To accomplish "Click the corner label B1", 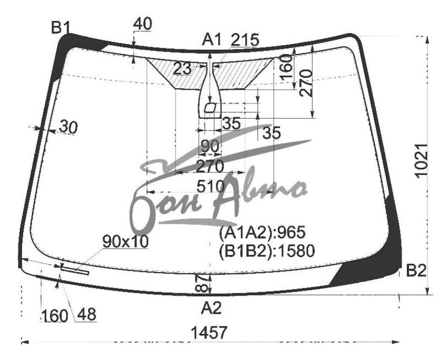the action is tap(60, 27).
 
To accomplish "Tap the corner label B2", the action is tap(416, 271).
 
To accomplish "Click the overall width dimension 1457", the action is tap(208, 333).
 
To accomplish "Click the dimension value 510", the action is tap(211, 187).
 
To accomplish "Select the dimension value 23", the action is tap(182, 69).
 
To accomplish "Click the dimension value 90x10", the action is tap(125, 242).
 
